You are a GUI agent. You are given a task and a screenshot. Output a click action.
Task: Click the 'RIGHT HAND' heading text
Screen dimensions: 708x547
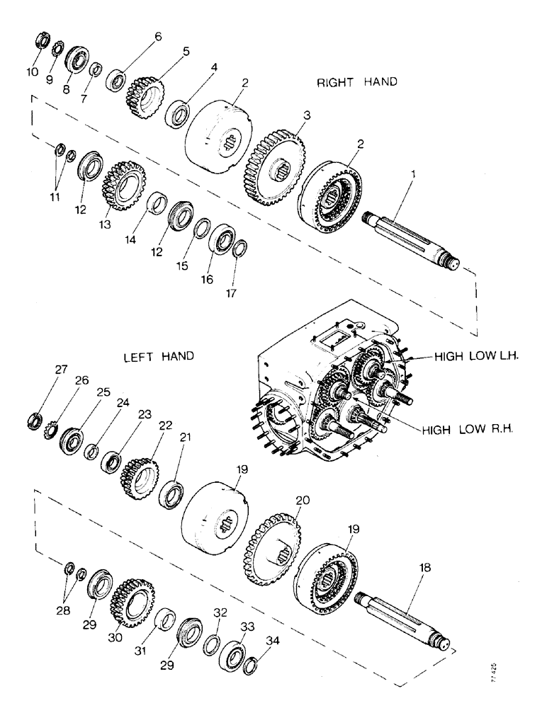pos(356,82)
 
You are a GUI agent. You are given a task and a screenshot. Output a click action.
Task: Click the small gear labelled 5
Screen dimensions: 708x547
pos(145,91)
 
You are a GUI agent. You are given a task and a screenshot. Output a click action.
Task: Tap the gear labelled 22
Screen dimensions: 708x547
pos(141,470)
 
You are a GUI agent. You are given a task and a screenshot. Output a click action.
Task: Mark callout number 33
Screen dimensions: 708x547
pos(248,608)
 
